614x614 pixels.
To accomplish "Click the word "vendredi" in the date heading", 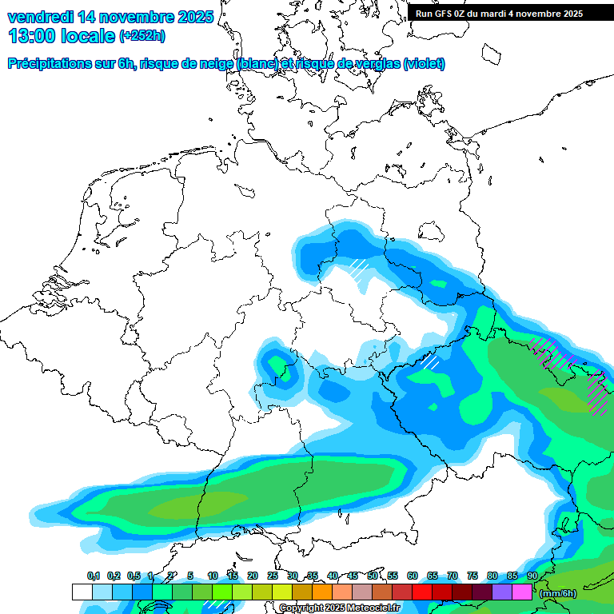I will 40,17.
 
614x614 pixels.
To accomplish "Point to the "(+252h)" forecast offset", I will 142,36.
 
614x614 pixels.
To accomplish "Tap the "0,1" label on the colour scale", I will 94,576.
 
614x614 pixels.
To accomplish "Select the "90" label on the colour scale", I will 532,576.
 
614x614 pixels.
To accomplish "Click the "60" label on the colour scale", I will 413,576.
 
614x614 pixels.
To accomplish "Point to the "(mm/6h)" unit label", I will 558,593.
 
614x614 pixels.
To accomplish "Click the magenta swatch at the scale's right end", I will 522,592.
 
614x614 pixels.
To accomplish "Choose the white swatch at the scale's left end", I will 82,592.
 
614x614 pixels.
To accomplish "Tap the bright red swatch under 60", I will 422,592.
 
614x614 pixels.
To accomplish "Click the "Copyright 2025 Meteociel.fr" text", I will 340,608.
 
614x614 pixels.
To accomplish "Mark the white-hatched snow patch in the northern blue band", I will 359,265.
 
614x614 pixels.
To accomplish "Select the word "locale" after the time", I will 90,35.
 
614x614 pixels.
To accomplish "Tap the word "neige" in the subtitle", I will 212,64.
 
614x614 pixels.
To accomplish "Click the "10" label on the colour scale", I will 213,576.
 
